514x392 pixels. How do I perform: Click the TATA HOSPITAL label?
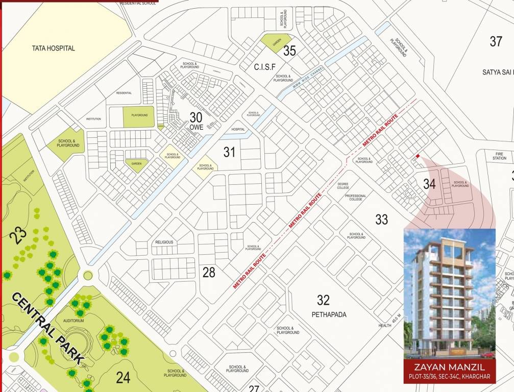[54, 48]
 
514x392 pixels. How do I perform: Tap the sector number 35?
[290, 51]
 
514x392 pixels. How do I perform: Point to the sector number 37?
[496, 41]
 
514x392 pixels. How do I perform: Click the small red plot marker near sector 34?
[418, 156]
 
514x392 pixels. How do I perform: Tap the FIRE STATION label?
[499, 155]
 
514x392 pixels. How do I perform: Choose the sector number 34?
[429, 184]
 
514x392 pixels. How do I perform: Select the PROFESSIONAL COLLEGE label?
[356, 198]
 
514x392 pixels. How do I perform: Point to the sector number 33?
[381, 219]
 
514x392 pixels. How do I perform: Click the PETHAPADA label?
[329, 314]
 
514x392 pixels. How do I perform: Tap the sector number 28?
[209, 273]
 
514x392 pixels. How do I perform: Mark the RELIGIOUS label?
[164, 242]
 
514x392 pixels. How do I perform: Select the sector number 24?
[123, 377]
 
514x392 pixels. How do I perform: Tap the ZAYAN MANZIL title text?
[449, 367]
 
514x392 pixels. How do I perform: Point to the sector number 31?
[229, 152]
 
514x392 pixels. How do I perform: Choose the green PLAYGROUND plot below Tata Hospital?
[139, 116]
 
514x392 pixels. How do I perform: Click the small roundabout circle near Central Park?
[88, 276]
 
